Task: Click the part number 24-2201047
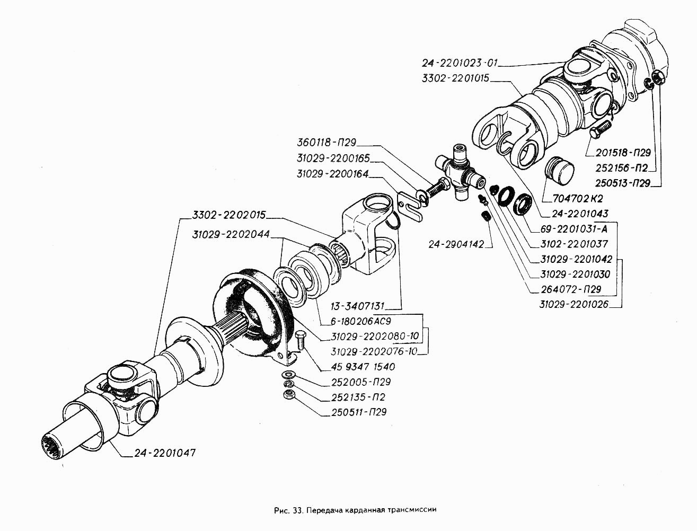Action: [x=165, y=454]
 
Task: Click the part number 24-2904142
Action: [x=460, y=244]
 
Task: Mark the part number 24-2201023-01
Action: [x=460, y=63]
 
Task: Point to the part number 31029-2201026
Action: [x=574, y=304]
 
